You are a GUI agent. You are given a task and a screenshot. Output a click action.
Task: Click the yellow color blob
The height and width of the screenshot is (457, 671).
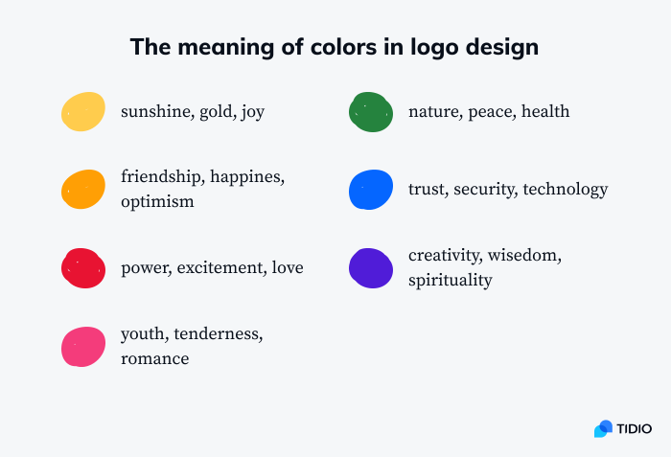coord(83,111)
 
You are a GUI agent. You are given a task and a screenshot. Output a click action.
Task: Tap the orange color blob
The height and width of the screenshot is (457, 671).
coord(83,189)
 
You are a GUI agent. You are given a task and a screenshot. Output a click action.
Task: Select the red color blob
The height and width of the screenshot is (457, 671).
coord(83,267)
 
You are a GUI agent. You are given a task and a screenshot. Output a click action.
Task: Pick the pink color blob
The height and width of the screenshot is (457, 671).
coord(83,346)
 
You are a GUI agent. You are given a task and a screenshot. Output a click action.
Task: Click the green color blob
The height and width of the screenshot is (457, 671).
coord(371,111)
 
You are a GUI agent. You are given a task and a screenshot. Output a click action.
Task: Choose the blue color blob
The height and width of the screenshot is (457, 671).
coord(371,189)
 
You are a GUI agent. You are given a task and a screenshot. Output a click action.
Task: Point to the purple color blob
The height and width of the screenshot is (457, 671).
coord(371,267)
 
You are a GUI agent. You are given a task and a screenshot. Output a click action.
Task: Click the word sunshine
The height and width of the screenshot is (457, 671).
coord(155,112)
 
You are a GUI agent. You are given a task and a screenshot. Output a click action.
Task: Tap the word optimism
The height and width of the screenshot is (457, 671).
coord(157,201)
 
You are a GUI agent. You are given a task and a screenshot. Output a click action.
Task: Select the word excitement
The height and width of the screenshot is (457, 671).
coord(220,267)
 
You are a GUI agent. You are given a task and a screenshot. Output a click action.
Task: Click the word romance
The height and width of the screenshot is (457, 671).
coord(154,358)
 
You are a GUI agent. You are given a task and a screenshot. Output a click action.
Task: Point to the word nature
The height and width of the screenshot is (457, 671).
coord(434,112)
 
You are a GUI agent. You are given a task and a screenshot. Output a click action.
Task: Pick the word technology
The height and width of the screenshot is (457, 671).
coord(566,190)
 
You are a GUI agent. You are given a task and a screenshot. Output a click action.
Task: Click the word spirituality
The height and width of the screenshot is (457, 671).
coord(450,280)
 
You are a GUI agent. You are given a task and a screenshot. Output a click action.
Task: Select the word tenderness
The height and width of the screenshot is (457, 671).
coord(219,334)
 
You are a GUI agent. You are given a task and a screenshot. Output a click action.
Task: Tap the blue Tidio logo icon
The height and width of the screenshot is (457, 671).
coord(603,428)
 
